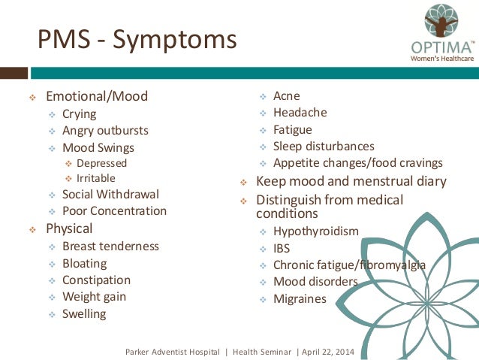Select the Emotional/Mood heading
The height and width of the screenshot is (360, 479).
[97, 96]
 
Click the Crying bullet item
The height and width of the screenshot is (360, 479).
[79, 114]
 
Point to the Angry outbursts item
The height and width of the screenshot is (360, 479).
[105, 131]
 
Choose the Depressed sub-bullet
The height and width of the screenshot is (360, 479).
[101, 163]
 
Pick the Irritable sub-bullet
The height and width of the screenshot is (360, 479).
[95, 178]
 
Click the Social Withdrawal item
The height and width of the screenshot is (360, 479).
[110, 195]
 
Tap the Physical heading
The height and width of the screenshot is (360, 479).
[69, 228]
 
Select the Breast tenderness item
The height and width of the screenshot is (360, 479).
[110, 247]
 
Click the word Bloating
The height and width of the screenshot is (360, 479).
[84, 264]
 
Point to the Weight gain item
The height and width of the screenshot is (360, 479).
[94, 297]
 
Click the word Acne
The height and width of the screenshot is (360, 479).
[286, 95]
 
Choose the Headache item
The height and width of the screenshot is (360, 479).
[300, 113]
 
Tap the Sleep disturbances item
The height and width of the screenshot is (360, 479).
[324, 147]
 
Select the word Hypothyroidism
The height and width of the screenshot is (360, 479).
[316, 231]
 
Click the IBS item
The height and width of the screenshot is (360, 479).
[282, 248]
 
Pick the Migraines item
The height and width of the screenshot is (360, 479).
[300, 299]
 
